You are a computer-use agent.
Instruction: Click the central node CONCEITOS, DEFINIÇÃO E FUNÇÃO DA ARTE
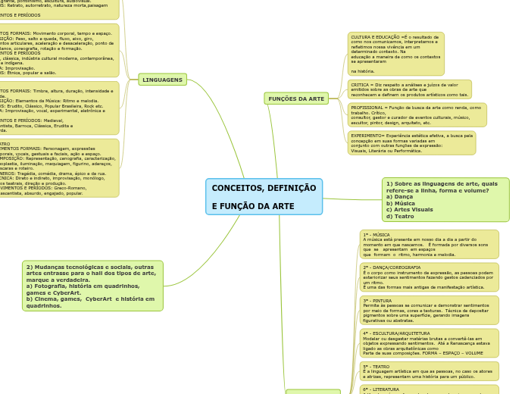click(264, 197)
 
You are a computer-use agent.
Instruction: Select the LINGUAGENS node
click(162, 80)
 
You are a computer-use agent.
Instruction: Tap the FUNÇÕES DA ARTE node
click(296, 98)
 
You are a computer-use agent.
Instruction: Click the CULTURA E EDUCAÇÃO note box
click(395, 54)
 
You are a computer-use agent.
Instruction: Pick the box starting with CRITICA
click(409, 89)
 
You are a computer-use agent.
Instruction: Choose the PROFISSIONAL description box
click(417, 114)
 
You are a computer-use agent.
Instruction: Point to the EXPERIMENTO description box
click(411, 142)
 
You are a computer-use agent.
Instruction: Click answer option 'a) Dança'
click(399, 197)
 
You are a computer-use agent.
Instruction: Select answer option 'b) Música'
click(401, 203)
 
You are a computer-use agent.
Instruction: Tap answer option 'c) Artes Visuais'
click(409, 210)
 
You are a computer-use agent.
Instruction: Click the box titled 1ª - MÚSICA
click(429, 244)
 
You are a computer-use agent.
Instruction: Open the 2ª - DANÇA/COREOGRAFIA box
click(429, 277)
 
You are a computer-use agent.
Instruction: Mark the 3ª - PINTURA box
click(429, 310)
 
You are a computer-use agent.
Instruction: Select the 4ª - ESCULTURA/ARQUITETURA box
click(429, 342)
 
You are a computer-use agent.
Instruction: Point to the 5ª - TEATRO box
click(429, 371)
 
